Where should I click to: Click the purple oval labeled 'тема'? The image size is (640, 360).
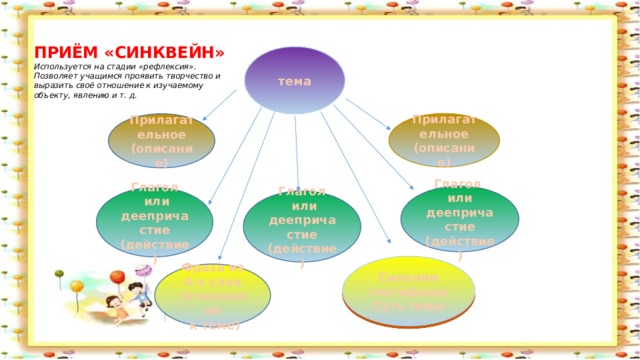point(294,79)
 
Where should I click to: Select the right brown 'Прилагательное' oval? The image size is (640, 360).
point(443,139)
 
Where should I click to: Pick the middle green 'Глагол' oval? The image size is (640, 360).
point(301,224)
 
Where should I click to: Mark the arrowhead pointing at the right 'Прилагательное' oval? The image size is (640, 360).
point(391,131)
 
